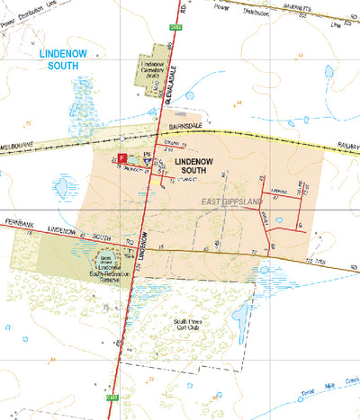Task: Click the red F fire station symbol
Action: pos(121,157)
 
